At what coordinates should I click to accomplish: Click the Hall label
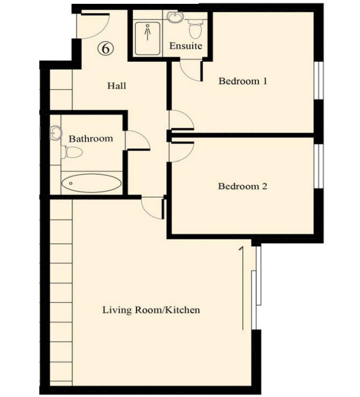pyautogui.click(x=117, y=86)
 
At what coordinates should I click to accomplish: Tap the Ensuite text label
pyautogui.click(x=186, y=46)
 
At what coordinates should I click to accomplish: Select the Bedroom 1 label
pyautogui.click(x=243, y=81)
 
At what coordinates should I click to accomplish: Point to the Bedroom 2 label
pyautogui.click(x=243, y=186)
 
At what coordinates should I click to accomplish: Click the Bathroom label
pyautogui.click(x=91, y=139)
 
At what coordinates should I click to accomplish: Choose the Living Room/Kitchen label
pyautogui.click(x=151, y=310)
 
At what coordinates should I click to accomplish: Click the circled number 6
pyautogui.click(x=106, y=49)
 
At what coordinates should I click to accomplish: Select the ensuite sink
pyautogui.click(x=175, y=17)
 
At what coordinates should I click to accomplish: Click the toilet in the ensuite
pyautogui.click(x=194, y=27)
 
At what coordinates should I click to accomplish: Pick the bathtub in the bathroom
pyautogui.click(x=91, y=183)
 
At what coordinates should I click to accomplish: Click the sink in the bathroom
pyautogui.click(x=55, y=133)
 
